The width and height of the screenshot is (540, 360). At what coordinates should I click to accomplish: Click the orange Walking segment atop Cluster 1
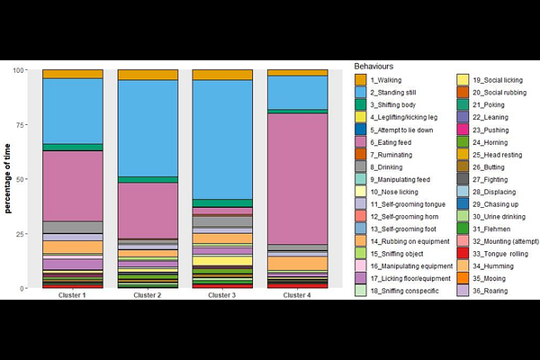tap(73, 74)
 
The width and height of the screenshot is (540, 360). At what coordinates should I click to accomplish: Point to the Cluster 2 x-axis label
tap(148, 295)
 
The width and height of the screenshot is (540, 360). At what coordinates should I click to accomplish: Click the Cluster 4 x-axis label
tap(297, 295)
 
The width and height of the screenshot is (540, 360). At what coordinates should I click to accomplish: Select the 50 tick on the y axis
tap(26, 179)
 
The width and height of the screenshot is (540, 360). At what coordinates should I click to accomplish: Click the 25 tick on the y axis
tap(26, 234)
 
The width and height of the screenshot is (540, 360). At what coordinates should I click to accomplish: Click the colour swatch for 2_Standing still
tap(361, 93)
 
